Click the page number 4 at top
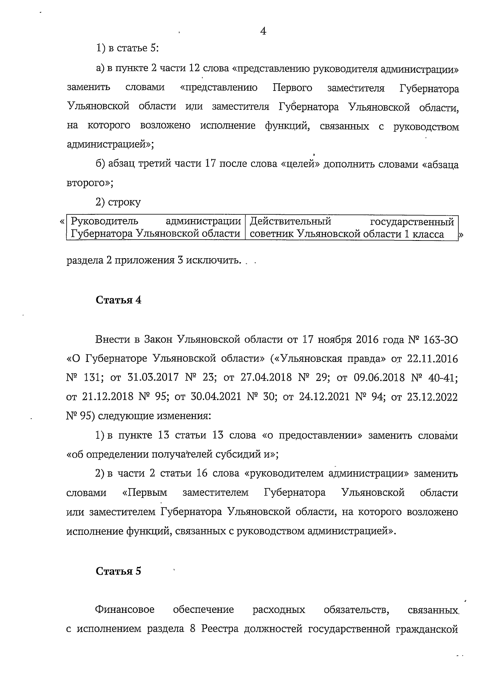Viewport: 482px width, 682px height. [x=263, y=31]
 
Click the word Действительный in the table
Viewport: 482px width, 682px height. [x=290, y=222]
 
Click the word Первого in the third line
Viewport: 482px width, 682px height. [x=292, y=88]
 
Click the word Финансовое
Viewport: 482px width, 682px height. [x=125, y=610]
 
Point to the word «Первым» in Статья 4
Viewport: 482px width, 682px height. [x=144, y=493]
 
